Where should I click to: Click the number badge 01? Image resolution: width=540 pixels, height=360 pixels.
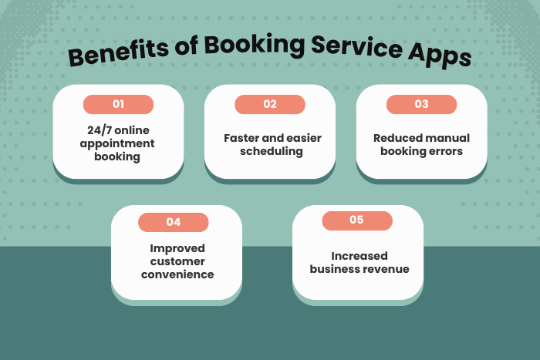118,104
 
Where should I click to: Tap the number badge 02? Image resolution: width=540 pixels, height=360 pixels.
269,104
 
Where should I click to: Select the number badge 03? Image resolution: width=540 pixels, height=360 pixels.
421,104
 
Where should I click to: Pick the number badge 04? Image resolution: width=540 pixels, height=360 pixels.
174,222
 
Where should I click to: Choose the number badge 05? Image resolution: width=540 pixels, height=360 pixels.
356,220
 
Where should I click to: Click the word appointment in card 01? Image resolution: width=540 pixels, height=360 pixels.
118,143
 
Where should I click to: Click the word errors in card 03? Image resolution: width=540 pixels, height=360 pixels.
447,151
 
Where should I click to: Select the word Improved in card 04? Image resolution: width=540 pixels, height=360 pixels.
177,248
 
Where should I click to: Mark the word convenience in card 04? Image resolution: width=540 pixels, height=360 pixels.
177,274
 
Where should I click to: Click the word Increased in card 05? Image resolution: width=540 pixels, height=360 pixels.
359,256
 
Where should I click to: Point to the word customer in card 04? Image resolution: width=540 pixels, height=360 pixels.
177,261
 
